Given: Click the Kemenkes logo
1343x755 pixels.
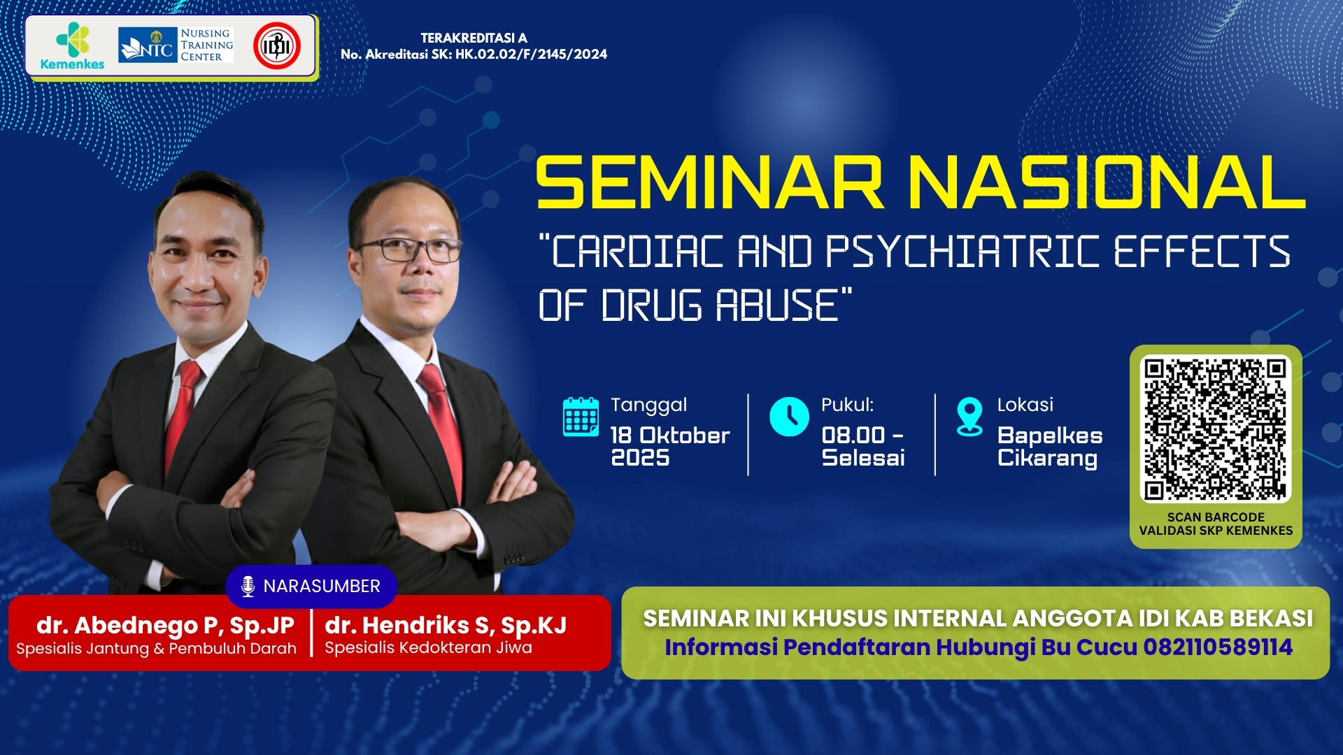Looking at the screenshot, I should [x=72, y=46].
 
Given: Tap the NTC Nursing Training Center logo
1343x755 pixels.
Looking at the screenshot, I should [x=176, y=45].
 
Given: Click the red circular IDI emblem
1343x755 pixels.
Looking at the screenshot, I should [x=277, y=46].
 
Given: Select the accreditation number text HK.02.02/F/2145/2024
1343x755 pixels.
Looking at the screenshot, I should [x=531, y=55].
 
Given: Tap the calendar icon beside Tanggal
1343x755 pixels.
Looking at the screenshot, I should [x=581, y=417].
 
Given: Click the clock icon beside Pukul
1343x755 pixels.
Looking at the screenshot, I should [x=789, y=417].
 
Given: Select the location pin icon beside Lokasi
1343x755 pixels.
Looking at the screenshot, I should [x=969, y=417].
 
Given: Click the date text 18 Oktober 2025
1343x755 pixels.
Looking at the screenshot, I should [x=669, y=446].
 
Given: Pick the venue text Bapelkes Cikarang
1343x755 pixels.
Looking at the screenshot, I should [x=1049, y=446].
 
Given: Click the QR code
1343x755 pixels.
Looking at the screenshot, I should [x=1216, y=429].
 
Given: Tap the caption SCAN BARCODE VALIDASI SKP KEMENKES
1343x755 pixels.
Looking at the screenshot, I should [x=1216, y=524].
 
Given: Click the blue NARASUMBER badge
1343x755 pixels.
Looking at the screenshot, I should [x=311, y=586].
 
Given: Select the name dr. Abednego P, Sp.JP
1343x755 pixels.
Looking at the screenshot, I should [x=165, y=624].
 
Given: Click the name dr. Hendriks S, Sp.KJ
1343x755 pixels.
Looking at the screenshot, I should [x=446, y=624].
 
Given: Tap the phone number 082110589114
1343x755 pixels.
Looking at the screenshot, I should [x=1218, y=647].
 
